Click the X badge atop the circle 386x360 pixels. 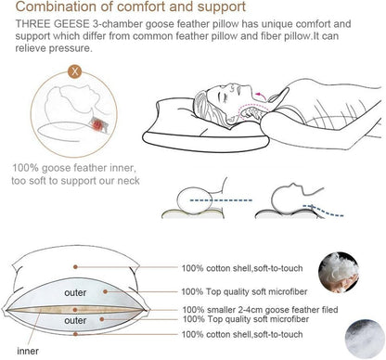tap(74, 71)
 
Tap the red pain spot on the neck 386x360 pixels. tap(98, 124)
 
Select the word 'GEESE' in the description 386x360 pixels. tap(73, 24)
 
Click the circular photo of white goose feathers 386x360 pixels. tap(339, 272)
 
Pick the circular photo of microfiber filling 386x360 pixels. tap(365, 339)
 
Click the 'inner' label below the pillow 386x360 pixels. tap(28, 351)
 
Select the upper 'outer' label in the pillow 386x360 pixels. tap(75, 292)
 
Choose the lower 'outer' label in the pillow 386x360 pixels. tap(75, 320)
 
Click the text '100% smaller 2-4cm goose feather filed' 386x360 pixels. tap(260, 310)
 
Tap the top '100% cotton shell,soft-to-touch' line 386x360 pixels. tap(242, 268)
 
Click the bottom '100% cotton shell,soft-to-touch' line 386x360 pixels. tap(242, 334)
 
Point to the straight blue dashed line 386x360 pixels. tap(221, 200)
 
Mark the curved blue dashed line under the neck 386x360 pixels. tap(323, 211)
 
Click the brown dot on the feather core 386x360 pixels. tap(75, 310)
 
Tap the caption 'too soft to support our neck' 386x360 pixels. tap(75, 181)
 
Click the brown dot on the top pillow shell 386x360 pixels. tap(75, 267)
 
